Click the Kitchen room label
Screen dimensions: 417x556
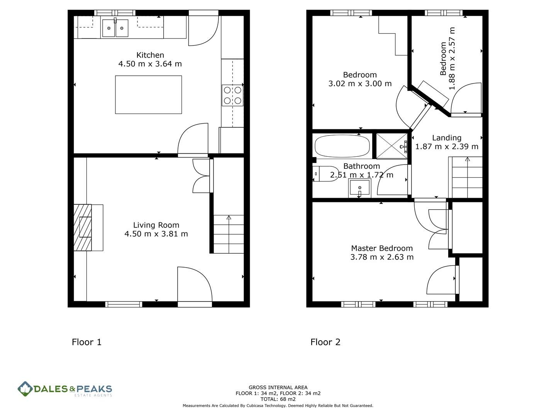click(150, 55)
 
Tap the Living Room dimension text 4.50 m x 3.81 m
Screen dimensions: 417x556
click(156, 234)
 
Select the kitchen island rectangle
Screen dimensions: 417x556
click(148, 95)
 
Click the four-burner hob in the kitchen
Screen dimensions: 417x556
click(232, 95)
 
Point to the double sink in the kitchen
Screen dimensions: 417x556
click(115, 28)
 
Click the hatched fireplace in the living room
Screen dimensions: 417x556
click(83, 227)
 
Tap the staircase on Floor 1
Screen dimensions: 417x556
click(229, 234)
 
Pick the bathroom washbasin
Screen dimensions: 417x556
click(359, 188)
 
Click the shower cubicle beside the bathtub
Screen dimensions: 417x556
click(392, 146)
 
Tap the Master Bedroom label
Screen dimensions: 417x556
click(382, 248)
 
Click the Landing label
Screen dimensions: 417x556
click(447, 138)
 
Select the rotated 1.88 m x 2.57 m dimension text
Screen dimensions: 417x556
click(452, 59)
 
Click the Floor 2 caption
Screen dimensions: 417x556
click(325, 342)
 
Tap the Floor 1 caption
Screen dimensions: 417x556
click(86, 342)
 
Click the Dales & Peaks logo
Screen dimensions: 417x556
click(65, 389)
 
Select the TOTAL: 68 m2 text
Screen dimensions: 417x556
click(278, 399)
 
